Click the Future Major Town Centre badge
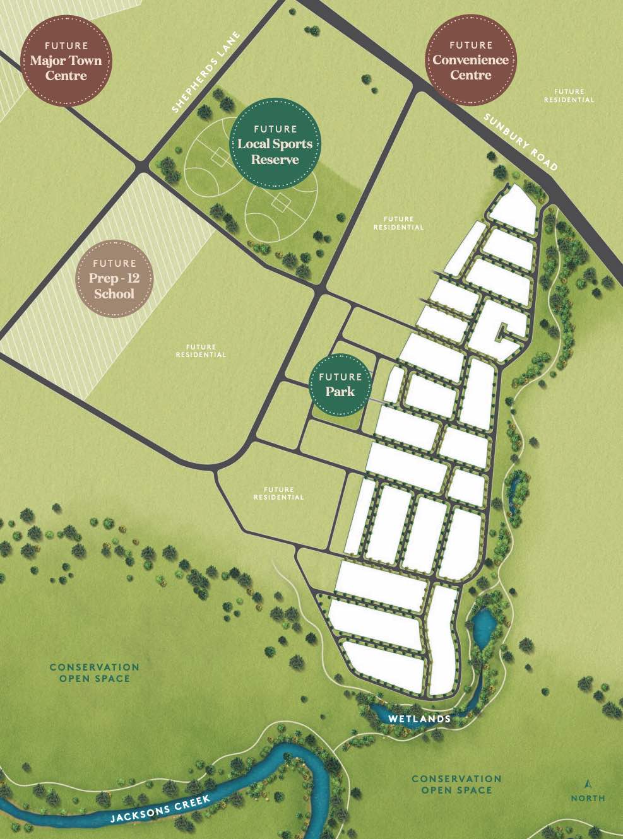coord(66,61)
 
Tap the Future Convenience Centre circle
coord(470,61)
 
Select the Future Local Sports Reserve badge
coord(275,144)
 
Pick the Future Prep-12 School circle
coord(114,278)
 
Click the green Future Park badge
coord(340,385)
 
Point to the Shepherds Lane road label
coord(206,73)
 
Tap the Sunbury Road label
coord(521,142)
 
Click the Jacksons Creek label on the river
coord(160,809)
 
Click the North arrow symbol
coord(588,784)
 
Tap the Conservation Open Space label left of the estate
coord(94,672)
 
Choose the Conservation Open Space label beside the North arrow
coord(456,784)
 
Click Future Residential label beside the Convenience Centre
coord(569,96)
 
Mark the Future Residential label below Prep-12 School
coord(201,351)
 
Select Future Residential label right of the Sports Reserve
coord(398,223)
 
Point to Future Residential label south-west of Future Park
coord(278,493)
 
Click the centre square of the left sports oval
coord(220,156)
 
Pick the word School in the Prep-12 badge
coord(114,294)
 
